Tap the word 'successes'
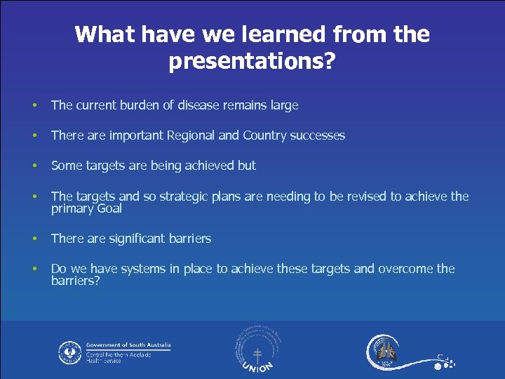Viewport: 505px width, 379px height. (x=318, y=135)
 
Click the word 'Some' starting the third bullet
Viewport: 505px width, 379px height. (x=67, y=166)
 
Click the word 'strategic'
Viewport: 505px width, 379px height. (x=184, y=197)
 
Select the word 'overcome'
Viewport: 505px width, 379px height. (x=405, y=269)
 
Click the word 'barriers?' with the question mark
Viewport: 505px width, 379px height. (x=76, y=281)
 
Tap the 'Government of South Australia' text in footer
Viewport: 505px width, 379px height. (x=128, y=345)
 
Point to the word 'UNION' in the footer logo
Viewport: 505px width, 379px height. (x=257, y=365)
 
